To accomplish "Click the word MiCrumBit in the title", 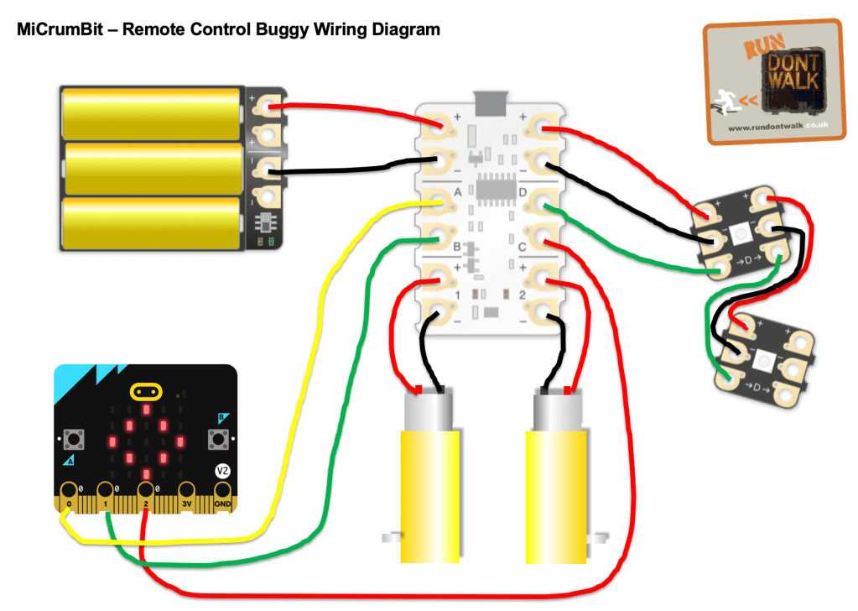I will [x=52, y=30].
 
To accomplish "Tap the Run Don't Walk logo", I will [x=772, y=82].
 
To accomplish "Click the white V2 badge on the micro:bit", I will [x=222, y=471].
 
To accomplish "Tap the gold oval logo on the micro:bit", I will [x=147, y=391].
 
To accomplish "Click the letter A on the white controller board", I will [x=459, y=191].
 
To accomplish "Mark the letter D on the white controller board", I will [x=523, y=192].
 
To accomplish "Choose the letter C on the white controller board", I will [x=521, y=246].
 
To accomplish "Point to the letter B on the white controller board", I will [x=457, y=247].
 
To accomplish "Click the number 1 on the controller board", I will [x=458, y=295].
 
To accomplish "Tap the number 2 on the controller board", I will [x=522, y=295].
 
